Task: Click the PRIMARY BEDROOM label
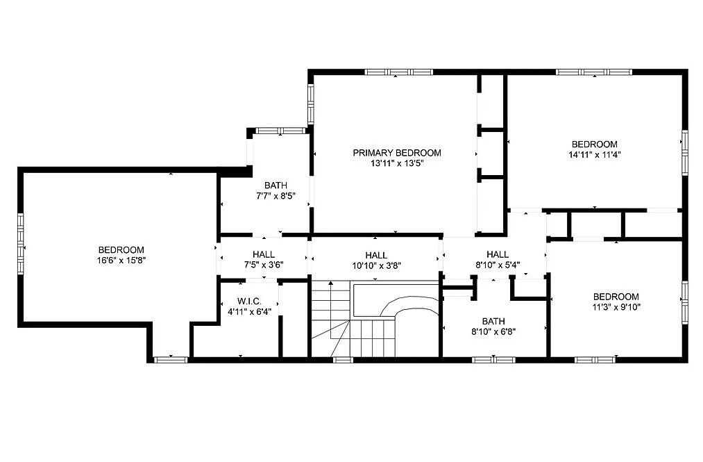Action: (397, 153)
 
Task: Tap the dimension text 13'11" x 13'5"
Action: (397, 163)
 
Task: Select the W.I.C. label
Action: (249, 302)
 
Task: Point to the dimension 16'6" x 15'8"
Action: (121, 261)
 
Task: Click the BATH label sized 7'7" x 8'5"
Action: (276, 185)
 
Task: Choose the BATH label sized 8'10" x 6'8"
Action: (493, 322)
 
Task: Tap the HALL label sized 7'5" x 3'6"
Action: (264, 254)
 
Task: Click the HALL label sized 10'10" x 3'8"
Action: (376, 256)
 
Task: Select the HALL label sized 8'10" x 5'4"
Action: (497, 254)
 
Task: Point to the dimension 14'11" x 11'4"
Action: (595, 155)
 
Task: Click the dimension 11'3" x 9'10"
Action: (616, 307)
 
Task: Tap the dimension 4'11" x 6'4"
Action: (249, 312)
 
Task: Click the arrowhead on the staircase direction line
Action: (331, 283)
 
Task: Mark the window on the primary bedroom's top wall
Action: (398, 72)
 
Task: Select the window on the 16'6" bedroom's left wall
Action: (21, 243)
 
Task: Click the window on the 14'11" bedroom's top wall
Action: (594, 72)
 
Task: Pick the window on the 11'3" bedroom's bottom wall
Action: (595, 360)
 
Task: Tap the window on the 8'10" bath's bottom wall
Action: (493, 360)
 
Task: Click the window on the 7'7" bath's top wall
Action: (280, 131)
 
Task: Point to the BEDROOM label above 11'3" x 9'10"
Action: (616, 297)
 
